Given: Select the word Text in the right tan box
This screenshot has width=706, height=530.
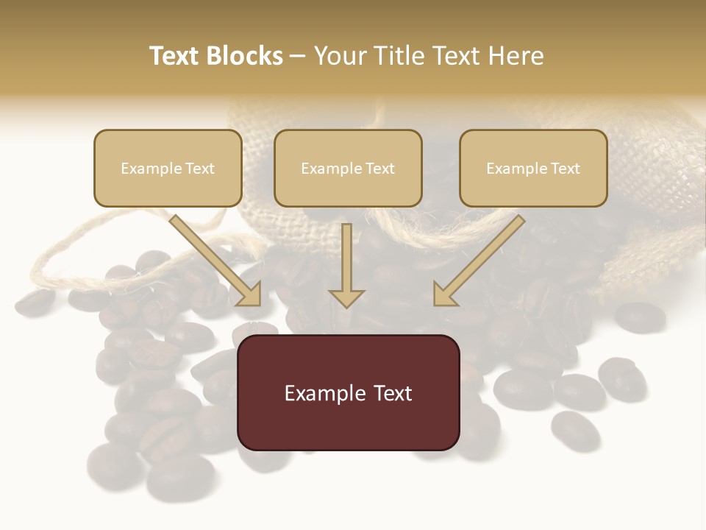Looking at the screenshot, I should point(566,169).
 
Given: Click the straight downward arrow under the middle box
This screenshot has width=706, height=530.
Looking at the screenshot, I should point(346,261).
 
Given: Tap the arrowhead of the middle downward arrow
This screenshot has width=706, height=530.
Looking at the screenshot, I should point(346,297).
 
